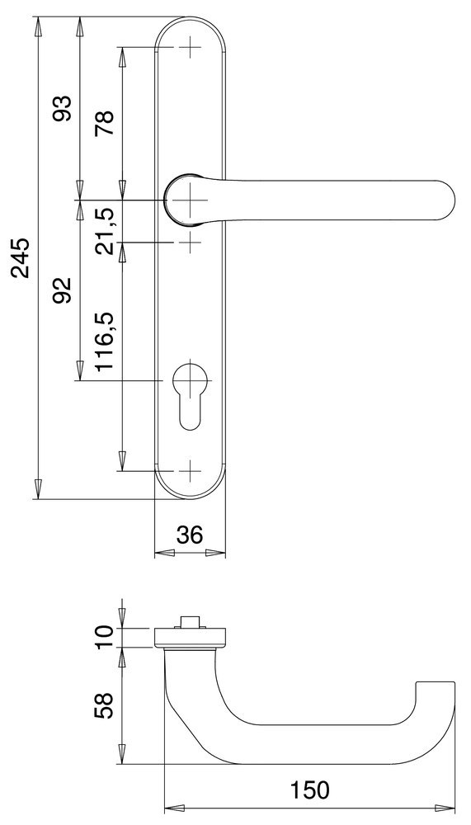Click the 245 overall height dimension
click(x=21, y=257)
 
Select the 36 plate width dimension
click(x=190, y=535)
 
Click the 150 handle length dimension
click(x=310, y=790)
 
